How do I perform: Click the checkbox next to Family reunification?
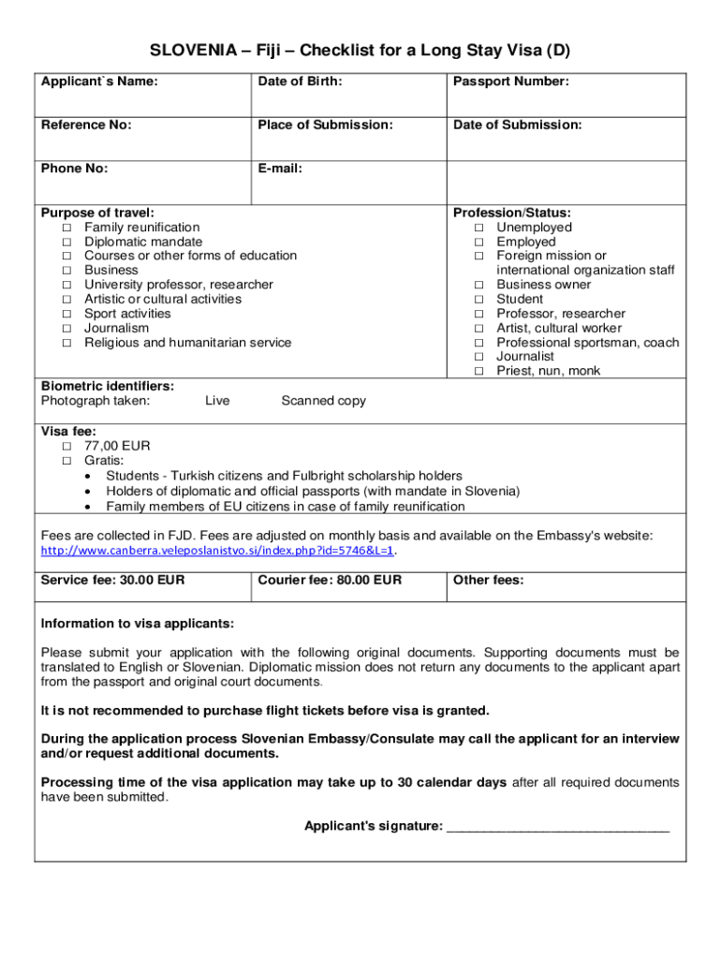(x=66, y=228)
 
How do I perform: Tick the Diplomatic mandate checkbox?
(x=66, y=242)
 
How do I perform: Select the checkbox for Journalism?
(x=66, y=329)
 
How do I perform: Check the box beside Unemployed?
(x=478, y=228)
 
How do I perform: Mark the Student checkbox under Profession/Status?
(x=478, y=300)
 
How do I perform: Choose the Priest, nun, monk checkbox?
(x=478, y=372)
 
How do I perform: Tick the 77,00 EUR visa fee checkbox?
(x=66, y=447)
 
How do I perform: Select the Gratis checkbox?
(x=66, y=461)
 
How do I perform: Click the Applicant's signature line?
(x=558, y=827)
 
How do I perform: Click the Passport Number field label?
(x=510, y=82)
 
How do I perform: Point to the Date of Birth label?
(x=300, y=82)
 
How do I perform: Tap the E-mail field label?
(x=280, y=170)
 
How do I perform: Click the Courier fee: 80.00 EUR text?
(x=330, y=581)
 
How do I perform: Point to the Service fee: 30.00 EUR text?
(x=112, y=581)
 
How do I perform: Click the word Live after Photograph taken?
(x=216, y=401)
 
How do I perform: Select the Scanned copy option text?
(x=323, y=401)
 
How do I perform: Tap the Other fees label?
(x=488, y=581)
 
